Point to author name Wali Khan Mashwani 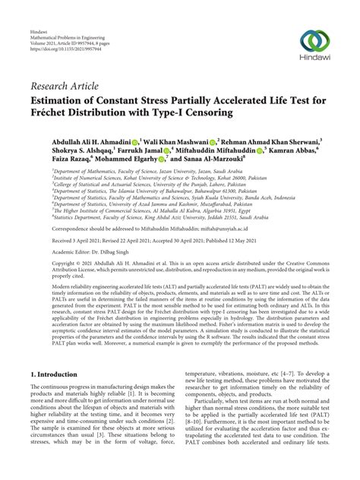pyautogui.click(x=178, y=141)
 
